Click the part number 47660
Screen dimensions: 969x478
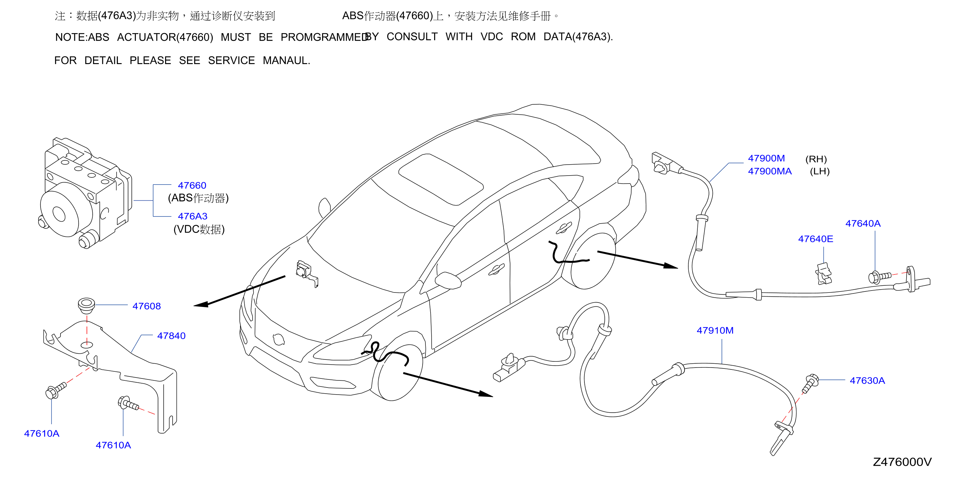click(192, 186)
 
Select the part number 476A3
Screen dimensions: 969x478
click(192, 216)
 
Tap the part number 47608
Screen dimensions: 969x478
click(146, 306)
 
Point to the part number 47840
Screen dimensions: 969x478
click(171, 336)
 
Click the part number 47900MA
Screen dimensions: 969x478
click(770, 171)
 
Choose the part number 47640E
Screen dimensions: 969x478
click(815, 239)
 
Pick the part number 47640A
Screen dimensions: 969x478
click(863, 224)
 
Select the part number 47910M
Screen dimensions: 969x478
click(715, 330)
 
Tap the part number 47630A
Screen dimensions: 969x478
click(867, 380)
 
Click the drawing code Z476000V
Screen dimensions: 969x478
click(902, 462)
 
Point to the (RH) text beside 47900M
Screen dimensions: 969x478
click(816, 159)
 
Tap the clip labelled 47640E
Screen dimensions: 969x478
click(824, 274)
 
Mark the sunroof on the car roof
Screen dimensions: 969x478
click(441, 179)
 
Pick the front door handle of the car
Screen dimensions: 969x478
click(496, 269)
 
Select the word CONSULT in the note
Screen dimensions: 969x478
click(412, 37)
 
